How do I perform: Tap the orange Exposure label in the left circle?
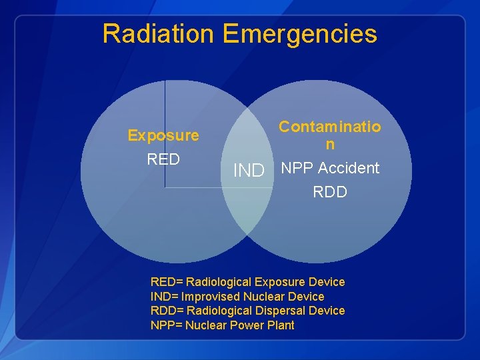(x=163, y=135)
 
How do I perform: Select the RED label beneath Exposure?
(x=163, y=159)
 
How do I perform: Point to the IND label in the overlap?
(x=249, y=171)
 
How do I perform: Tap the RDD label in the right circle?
(x=330, y=192)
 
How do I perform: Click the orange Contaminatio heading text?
(x=330, y=127)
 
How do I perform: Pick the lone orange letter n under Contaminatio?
(x=330, y=144)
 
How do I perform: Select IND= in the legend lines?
(x=165, y=297)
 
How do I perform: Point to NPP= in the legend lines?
(x=167, y=325)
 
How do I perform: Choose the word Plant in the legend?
(x=281, y=325)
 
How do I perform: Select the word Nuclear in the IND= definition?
(x=264, y=297)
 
